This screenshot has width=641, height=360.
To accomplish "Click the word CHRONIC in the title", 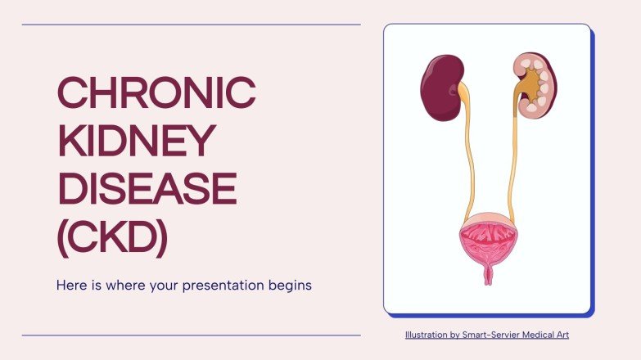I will tap(156, 94).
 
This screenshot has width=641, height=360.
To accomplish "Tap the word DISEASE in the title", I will tap(147, 188).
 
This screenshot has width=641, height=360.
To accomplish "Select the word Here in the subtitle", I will tap(70, 286).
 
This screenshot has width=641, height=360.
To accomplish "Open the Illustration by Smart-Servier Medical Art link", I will tap(486, 335).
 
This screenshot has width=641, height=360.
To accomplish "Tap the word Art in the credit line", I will tap(561, 335).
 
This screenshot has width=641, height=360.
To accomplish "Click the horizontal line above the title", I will tap(191, 25).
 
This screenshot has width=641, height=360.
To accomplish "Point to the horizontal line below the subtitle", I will tap(191, 335).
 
